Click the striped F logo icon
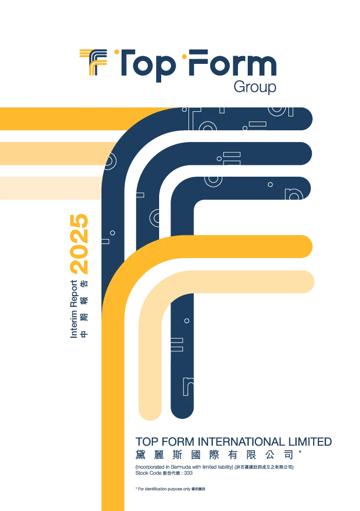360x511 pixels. [93, 62]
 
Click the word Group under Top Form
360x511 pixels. [255, 87]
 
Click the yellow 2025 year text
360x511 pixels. [79, 244]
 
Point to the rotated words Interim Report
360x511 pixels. [74, 309]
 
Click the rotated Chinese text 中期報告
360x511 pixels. [84, 309]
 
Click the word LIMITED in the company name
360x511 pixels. [310, 441]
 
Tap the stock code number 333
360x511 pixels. [188, 473]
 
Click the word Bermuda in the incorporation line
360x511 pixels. [181, 467]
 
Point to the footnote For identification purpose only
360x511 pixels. [163, 489]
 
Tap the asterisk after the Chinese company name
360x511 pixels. [300, 452]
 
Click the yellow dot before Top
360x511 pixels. [116, 52]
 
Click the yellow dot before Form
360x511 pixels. [184, 57]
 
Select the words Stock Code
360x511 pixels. [148, 473]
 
